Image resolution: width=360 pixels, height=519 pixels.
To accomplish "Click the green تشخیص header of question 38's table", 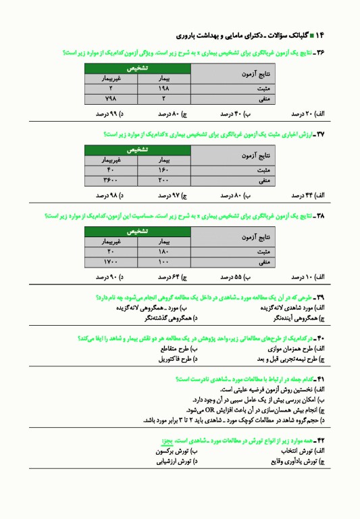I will click(138, 231).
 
